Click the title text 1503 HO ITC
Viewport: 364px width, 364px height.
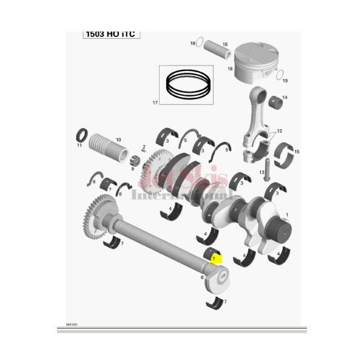pos(112,34)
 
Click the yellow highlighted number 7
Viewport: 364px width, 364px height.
pos(214,258)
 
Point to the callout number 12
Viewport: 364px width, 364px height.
pos(280,131)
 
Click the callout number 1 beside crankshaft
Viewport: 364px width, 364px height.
pos(287,215)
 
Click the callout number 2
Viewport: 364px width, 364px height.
pos(144,147)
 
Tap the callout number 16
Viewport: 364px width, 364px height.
pos(231,69)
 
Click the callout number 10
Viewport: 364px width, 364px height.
pos(118,139)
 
